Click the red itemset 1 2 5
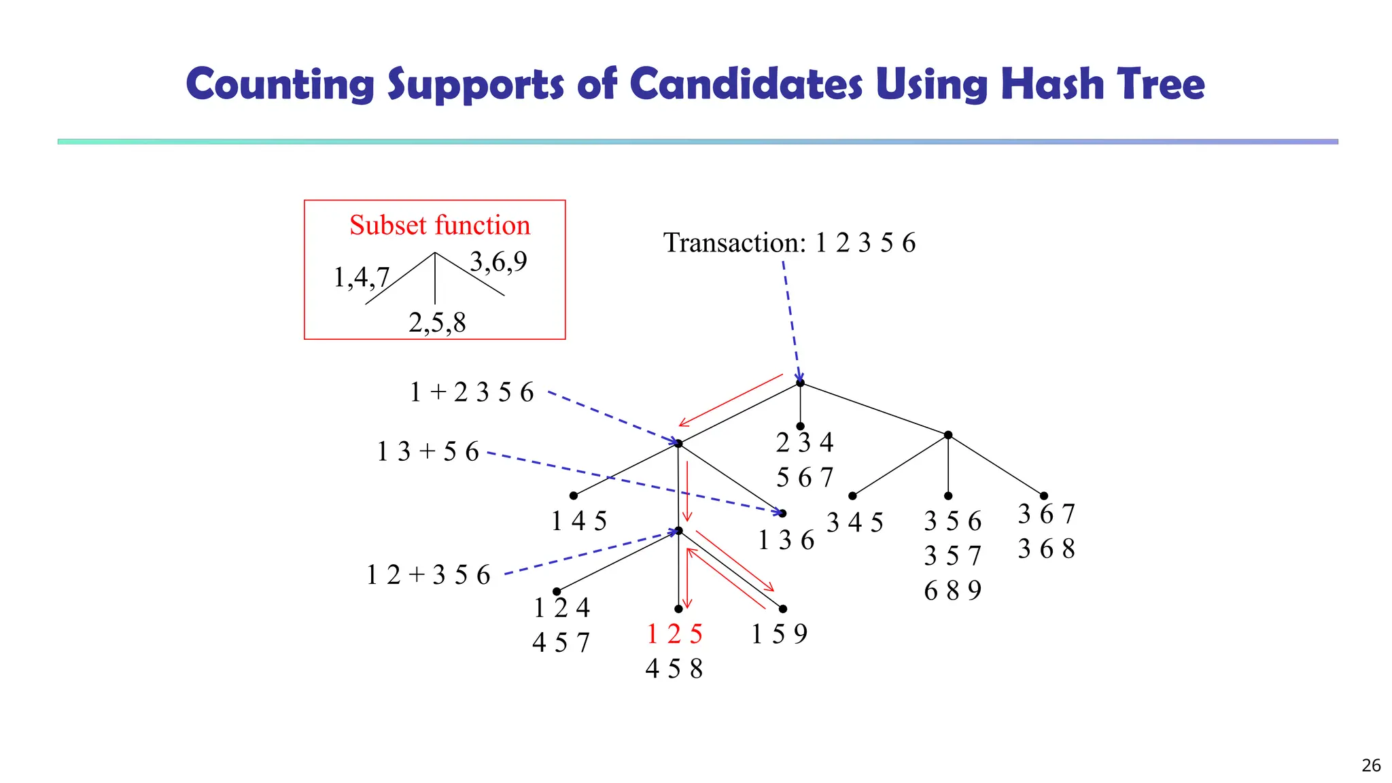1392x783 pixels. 674,634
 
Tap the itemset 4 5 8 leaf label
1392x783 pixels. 674,669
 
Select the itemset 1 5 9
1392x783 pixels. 779,634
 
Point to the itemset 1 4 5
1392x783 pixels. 579,521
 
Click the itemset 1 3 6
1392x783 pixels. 786,540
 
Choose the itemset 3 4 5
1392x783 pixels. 855,523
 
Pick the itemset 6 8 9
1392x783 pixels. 952,591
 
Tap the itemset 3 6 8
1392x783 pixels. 1046,549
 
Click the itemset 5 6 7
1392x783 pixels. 805,478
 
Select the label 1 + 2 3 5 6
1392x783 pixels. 472,392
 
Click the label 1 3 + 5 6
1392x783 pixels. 428,451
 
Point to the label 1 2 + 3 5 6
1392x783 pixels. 428,575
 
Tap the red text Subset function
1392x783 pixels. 440,225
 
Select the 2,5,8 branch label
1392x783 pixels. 437,322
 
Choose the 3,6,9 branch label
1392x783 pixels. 498,261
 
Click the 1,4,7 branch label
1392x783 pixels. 361,277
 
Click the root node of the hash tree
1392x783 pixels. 800,383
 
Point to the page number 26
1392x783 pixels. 1371,765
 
